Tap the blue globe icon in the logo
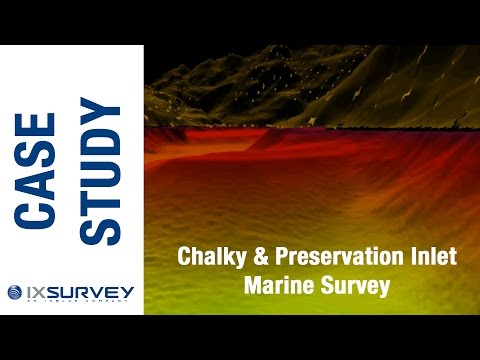coord(13,292)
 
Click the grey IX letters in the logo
coord(34,292)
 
